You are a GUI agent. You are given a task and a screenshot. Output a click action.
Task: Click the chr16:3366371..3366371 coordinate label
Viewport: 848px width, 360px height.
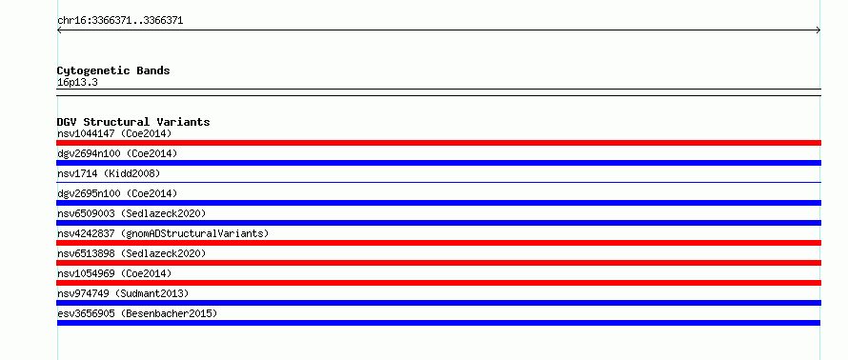click(x=120, y=21)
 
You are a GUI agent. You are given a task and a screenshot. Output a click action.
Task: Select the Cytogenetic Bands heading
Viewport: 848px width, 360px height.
click(x=113, y=70)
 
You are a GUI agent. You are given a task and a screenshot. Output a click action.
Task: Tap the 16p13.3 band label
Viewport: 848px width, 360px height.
click(x=77, y=83)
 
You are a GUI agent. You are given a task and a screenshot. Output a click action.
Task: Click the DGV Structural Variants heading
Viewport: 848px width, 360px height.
click(x=133, y=122)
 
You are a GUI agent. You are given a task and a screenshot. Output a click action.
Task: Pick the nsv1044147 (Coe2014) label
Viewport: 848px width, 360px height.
click(x=114, y=133)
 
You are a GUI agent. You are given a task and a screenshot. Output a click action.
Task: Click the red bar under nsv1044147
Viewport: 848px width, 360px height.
click(x=438, y=143)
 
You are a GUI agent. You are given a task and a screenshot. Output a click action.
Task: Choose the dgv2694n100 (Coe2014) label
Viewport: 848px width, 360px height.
click(x=117, y=153)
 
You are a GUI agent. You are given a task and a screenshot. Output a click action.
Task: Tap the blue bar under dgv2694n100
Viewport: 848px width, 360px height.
click(x=438, y=163)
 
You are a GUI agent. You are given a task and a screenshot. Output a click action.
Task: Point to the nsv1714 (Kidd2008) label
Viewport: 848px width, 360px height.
click(x=109, y=173)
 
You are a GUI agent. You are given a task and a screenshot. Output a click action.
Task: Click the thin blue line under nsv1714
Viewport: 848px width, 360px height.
click(x=438, y=182)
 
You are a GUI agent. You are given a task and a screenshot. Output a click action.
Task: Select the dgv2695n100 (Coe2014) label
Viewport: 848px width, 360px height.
click(x=117, y=193)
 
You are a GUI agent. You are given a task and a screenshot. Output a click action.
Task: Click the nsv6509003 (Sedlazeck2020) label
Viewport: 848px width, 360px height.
click(x=131, y=213)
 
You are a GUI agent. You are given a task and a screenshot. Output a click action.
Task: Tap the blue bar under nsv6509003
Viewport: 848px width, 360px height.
click(x=438, y=223)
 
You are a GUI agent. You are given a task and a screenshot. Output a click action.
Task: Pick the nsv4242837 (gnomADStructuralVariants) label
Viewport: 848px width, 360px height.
click(x=163, y=233)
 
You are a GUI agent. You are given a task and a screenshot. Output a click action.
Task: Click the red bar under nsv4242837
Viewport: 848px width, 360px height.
click(x=438, y=243)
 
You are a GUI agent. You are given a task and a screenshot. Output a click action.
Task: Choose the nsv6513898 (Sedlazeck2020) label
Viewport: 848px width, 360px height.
click(x=131, y=253)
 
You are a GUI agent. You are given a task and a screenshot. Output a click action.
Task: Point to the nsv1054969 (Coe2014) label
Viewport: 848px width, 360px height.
click(x=114, y=273)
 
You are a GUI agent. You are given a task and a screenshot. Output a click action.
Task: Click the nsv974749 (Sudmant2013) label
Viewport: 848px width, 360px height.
click(x=123, y=293)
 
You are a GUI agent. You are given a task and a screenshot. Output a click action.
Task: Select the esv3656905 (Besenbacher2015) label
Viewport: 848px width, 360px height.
click(x=137, y=313)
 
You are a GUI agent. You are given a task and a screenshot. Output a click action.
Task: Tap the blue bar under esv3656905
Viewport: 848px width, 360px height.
click(x=438, y=323)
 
